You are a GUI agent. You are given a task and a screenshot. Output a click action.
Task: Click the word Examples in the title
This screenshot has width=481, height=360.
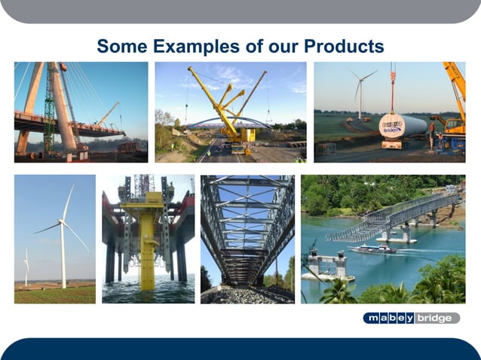click(x=196, y=47)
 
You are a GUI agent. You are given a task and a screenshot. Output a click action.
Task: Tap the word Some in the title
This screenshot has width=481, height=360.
click(x=122, y=47)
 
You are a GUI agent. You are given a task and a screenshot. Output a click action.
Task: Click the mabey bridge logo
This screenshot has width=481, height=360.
click(x=410, y=318)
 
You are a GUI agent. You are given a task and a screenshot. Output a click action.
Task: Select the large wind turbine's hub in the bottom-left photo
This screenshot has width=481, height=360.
click(x=62, y=221)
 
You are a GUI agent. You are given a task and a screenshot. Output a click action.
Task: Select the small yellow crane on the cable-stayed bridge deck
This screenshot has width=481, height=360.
click(x=106, y=117)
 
